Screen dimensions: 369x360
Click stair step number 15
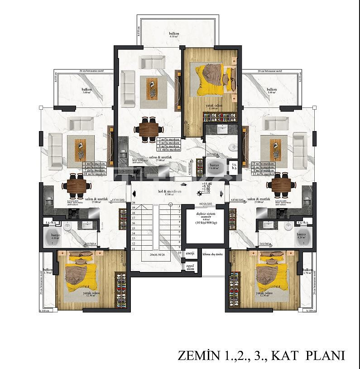point(134,228)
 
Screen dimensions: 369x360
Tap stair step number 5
point(180,228)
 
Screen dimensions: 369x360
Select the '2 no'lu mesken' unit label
point(169,139)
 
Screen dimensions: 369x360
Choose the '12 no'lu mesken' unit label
point(264,174)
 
